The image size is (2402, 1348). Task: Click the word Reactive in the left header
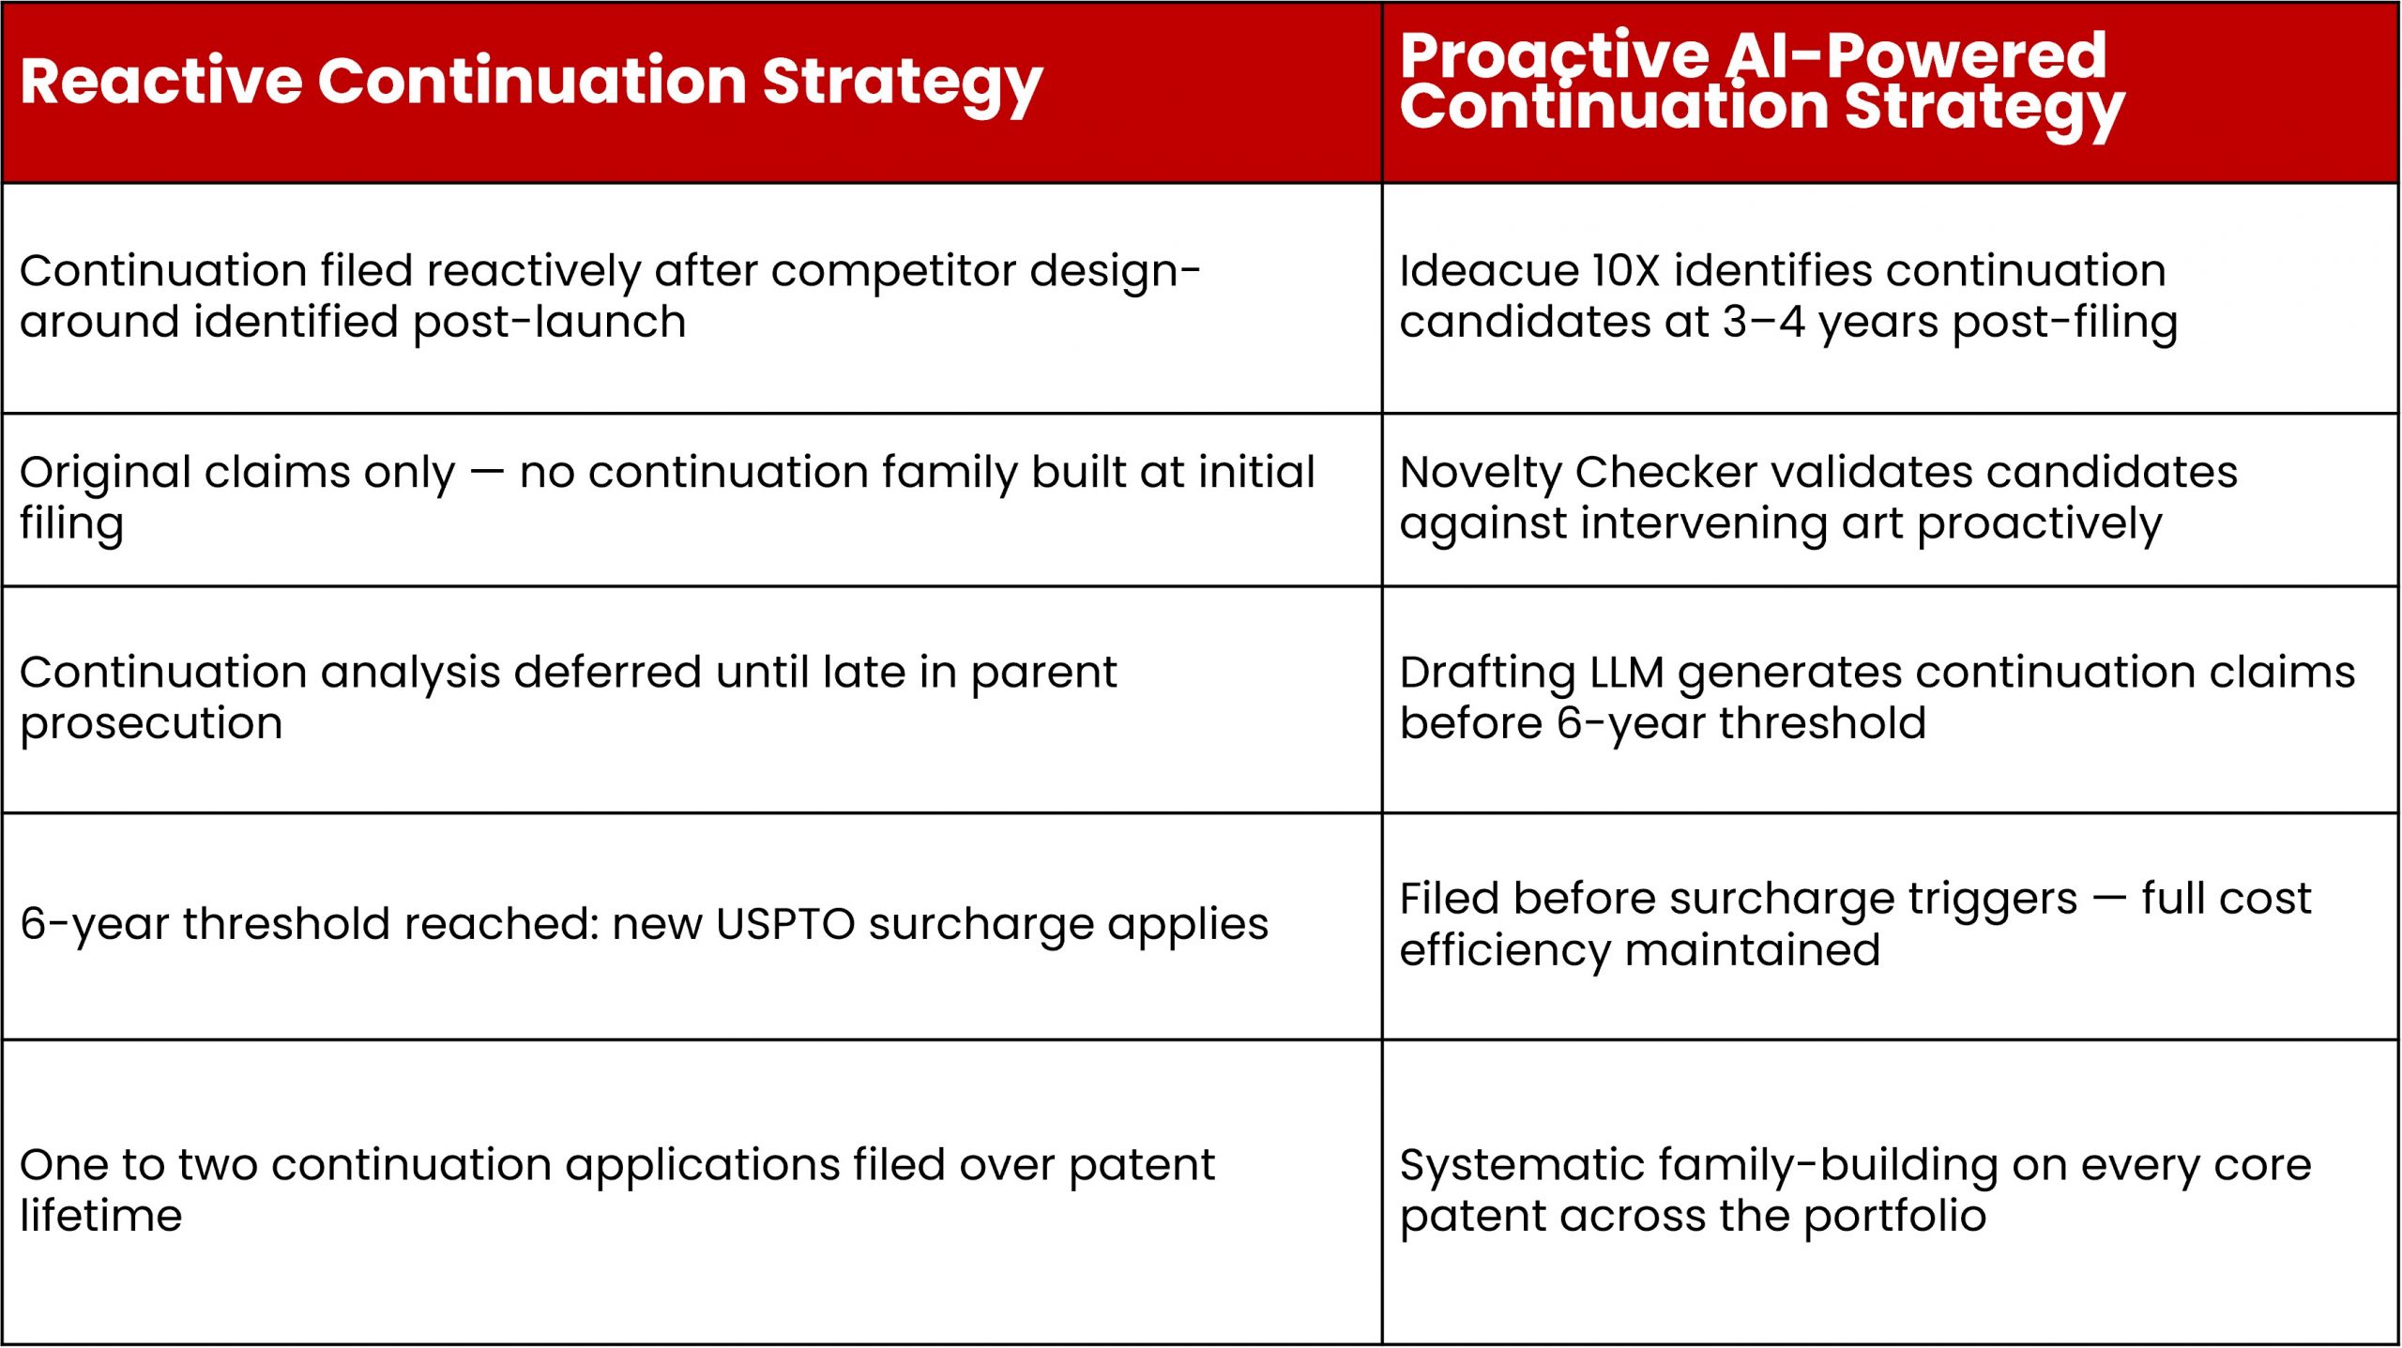click(x=160, y=81)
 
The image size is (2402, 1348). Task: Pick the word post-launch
click(x=549, y=322)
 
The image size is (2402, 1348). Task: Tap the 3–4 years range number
click(x=1763, y=323)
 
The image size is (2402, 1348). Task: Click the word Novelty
click(x=1484, y=474)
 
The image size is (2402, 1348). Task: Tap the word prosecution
click(x=151, y=725)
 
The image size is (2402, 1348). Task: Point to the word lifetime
click(x=100, y=1217)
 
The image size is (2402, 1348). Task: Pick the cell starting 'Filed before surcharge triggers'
click(x=1891, y=926)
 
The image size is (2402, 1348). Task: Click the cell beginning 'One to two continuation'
click(x=692, y=1191)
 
